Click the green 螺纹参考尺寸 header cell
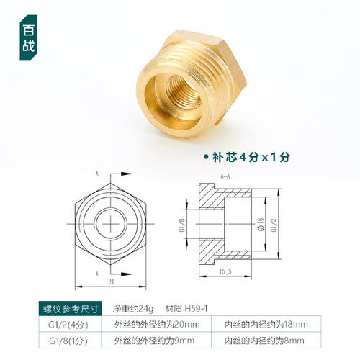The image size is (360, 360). coord(68,309)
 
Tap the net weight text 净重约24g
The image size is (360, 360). coord(134,309)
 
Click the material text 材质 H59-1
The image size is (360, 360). coord(186,309)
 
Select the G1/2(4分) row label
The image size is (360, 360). coord(68,325)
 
